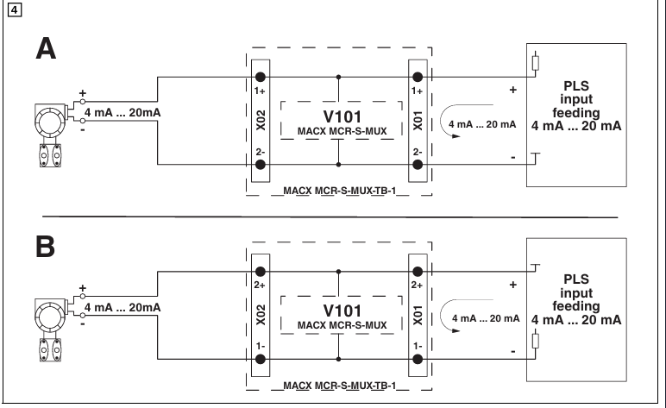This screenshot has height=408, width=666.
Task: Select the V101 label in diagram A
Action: [x=338, y=116]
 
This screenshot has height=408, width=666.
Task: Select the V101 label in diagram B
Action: [x=338, y=310]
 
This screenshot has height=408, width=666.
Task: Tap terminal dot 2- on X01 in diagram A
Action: [x=418, y=164]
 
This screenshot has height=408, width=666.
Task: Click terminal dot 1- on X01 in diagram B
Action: [x=418, y=358]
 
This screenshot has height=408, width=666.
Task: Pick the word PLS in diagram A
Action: [x=576, y=86]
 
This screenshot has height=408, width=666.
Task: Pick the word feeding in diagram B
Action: [x=576, y=306]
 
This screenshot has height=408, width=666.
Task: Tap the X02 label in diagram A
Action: [x=260, y=119]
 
